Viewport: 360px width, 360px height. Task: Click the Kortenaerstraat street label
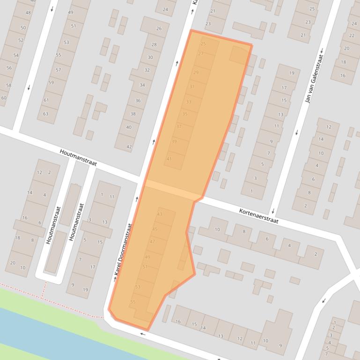coord(259,216)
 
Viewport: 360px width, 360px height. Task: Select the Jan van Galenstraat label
coord(315,78)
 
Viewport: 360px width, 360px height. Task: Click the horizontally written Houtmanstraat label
coord(78,158)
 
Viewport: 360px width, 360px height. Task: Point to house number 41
coord(169,159)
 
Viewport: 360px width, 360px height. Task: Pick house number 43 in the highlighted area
coord(160,214)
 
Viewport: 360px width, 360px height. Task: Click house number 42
coord(129,147)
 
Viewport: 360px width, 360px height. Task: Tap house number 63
coord(46,114)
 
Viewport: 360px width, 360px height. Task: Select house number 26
coord(159,29)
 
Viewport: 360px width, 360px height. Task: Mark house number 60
coord(4,98)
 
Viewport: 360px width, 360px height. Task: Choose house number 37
coord(179,127)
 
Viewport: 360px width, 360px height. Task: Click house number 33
coord(189,101)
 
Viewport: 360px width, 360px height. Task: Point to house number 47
coord(152,242)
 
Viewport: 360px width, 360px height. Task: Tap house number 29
coord(196,72)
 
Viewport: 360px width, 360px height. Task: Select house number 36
coord(138,101)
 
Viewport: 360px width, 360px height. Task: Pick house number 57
coord(58,70)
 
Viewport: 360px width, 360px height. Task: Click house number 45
coord(155,230)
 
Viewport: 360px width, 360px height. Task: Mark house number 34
coord(142,85)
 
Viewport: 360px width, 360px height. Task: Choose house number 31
coord(192,86)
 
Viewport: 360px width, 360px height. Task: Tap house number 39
coord(174,141)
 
